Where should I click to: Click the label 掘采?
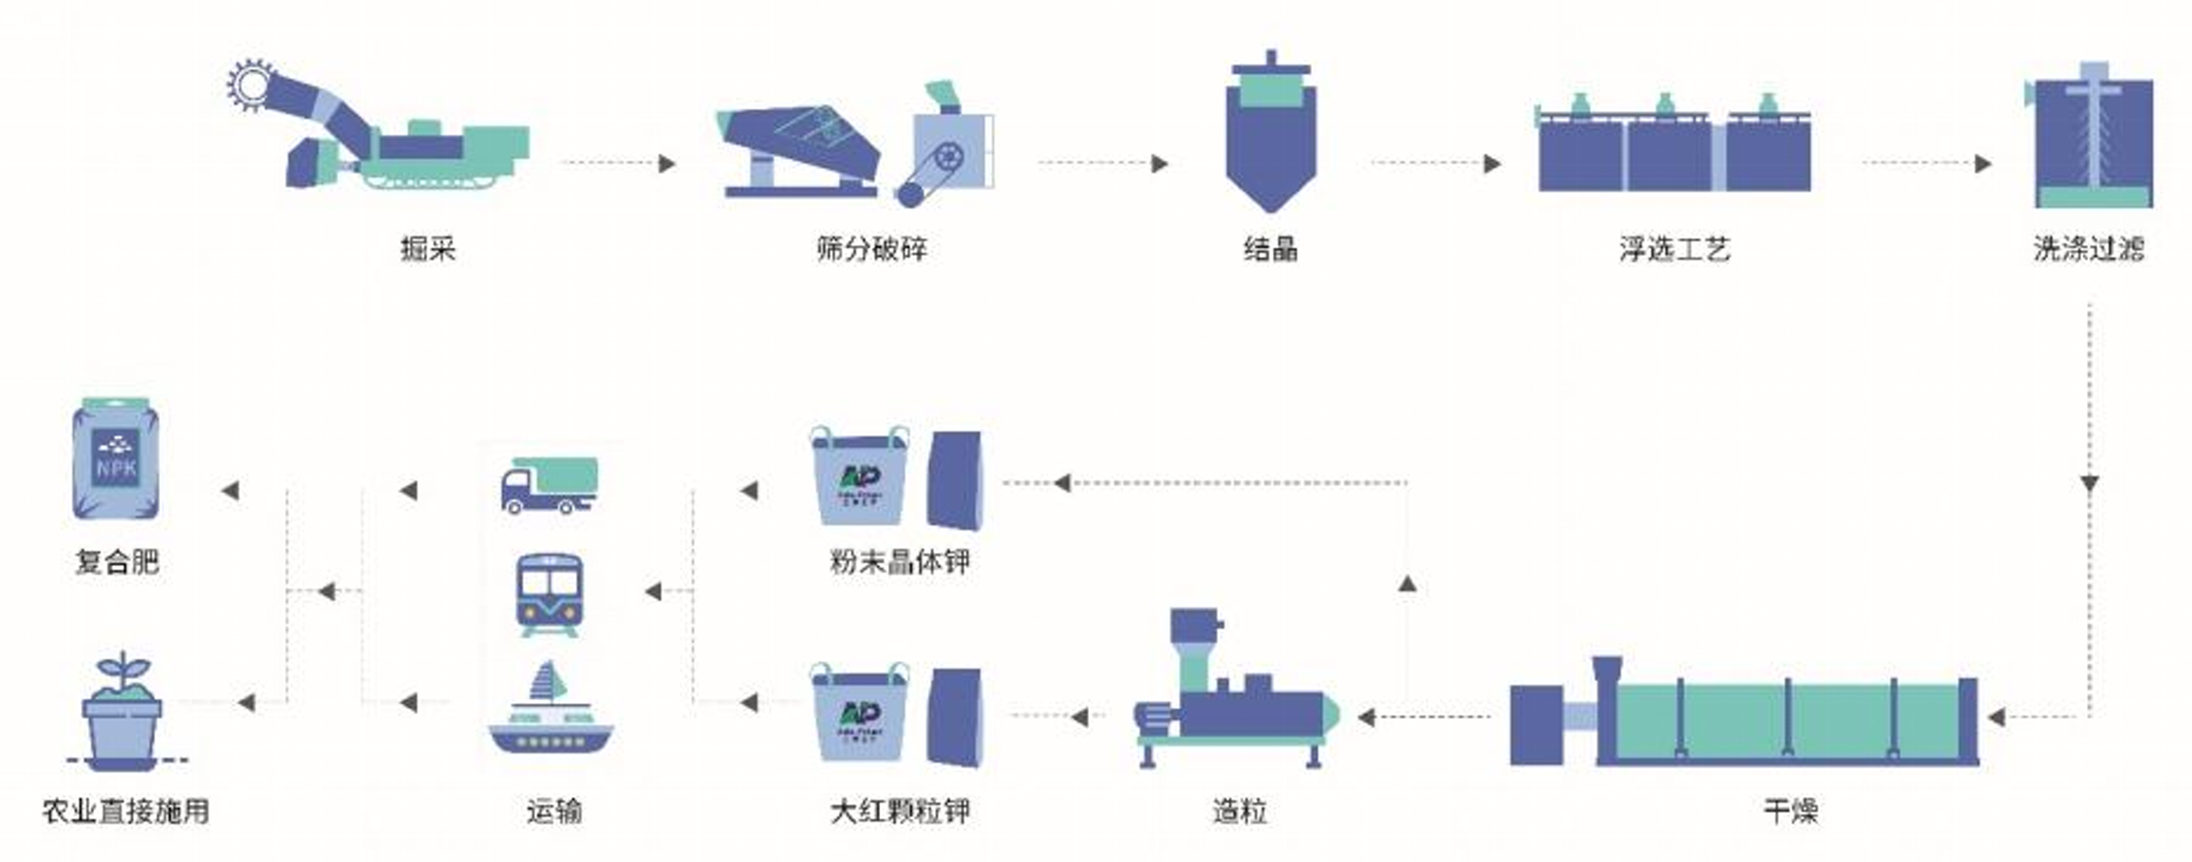pos(428,249)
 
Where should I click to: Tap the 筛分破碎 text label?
pos(871,249)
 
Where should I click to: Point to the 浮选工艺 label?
pos(1674,249)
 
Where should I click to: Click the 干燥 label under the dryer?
pos(1790,811)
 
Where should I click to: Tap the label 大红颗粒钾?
pos(900,811)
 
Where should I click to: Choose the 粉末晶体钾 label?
pos(900,561)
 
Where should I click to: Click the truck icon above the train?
pos(550,485)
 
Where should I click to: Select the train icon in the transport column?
pos(548,592)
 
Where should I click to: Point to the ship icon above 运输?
pos(550,710)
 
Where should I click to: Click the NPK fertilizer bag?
pos(116,461)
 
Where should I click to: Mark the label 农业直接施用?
pos(126,811)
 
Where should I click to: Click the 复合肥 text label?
pos(117,561)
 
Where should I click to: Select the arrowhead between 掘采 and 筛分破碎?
pos(667,163)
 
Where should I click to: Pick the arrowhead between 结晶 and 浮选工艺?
pos(1492,163)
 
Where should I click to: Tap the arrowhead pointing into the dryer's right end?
pos(1997,717)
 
